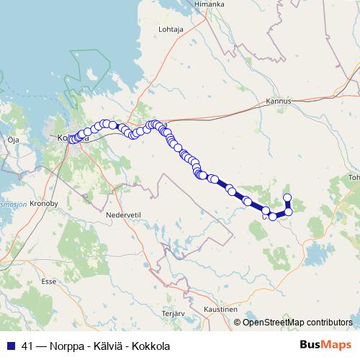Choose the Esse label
(49, 282)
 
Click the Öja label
(12, 140)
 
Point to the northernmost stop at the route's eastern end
(287, 197)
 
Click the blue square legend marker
(10, 345)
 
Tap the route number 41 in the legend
(28, 345)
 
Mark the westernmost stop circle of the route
(72, 139)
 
